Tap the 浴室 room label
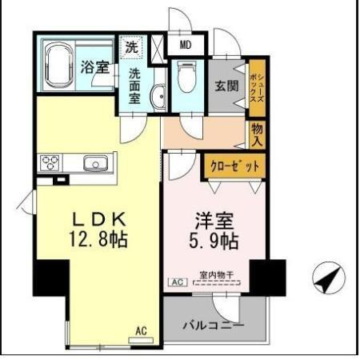[x=94, y=67]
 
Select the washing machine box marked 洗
[x=131, y=46]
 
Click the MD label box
[x=185, y=46]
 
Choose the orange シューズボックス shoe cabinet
[x=257, y=85]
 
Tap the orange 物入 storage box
[x=257, y=134]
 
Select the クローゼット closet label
[x=230, y=166]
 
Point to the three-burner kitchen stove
[x=51, y=163]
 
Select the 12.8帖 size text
[x=98, y=238]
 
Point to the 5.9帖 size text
[x=212, y=238]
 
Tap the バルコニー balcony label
[x=214, y=326]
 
